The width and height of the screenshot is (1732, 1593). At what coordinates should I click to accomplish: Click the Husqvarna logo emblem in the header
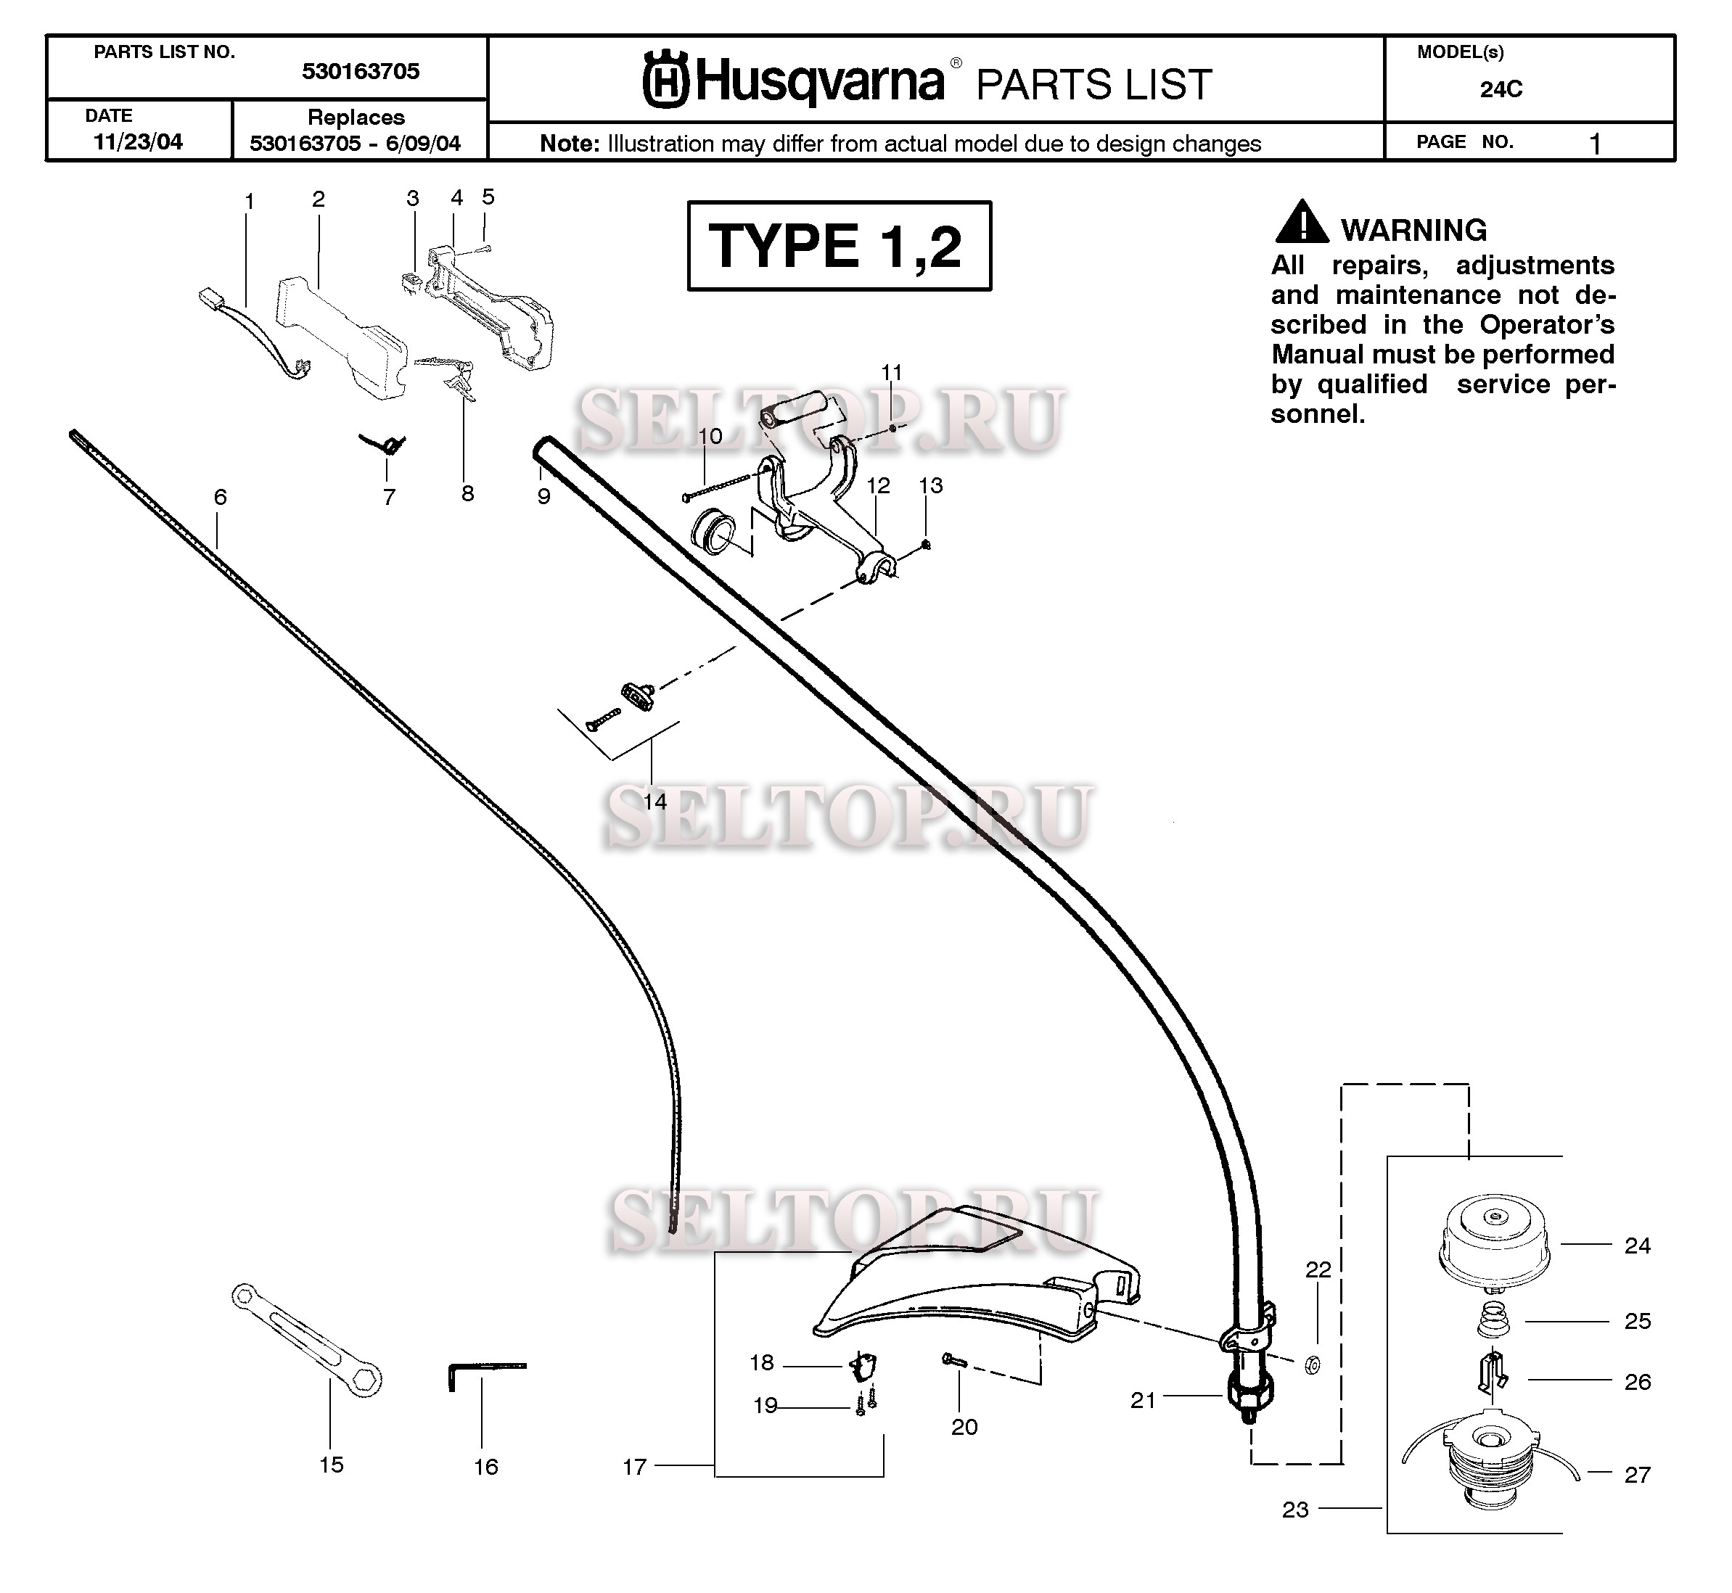665,83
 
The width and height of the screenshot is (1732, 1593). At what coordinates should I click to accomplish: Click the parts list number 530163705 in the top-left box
361,72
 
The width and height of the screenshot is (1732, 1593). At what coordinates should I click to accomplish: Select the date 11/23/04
138,142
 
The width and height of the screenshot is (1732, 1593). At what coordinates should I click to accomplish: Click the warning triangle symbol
1301,223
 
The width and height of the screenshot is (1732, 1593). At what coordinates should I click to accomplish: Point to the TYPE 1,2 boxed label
838,246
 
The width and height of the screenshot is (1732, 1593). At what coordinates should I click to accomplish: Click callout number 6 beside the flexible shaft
221,498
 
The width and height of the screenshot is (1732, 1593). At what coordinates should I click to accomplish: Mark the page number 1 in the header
1594,143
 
